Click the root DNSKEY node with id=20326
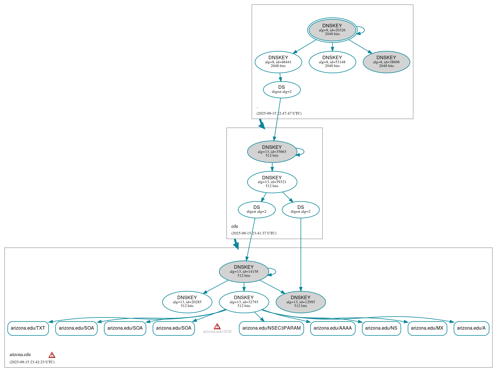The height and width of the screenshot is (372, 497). coord(332,30)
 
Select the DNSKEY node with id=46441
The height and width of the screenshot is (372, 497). coord(278,62)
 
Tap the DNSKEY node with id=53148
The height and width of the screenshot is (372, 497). coord(332,62)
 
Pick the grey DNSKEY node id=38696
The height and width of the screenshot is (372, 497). coord(386,62)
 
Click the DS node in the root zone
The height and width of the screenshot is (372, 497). coord(282,89)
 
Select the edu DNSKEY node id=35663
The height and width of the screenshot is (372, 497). coord(272,151)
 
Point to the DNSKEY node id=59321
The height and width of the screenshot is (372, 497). coord(272,182)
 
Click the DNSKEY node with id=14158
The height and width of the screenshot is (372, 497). coord(244,271)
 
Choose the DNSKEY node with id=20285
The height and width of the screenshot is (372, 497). coord(187,302)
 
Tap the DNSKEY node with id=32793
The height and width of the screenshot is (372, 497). coord(244,302)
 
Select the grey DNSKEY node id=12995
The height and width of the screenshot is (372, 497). coord(300,302)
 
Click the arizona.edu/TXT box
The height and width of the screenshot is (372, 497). coord(28,328)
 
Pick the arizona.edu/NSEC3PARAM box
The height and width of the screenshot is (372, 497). coord(271,328)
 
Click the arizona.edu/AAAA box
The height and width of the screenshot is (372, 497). coord(332,328)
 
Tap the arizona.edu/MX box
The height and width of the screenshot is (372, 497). coord(427,328)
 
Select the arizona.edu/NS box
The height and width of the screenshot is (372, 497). coord(381,328)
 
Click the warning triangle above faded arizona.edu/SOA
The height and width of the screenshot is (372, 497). coord(217,326)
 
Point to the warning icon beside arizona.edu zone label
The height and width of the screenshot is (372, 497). coord(52,355)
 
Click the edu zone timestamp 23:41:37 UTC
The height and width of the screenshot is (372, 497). coord(254,233)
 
